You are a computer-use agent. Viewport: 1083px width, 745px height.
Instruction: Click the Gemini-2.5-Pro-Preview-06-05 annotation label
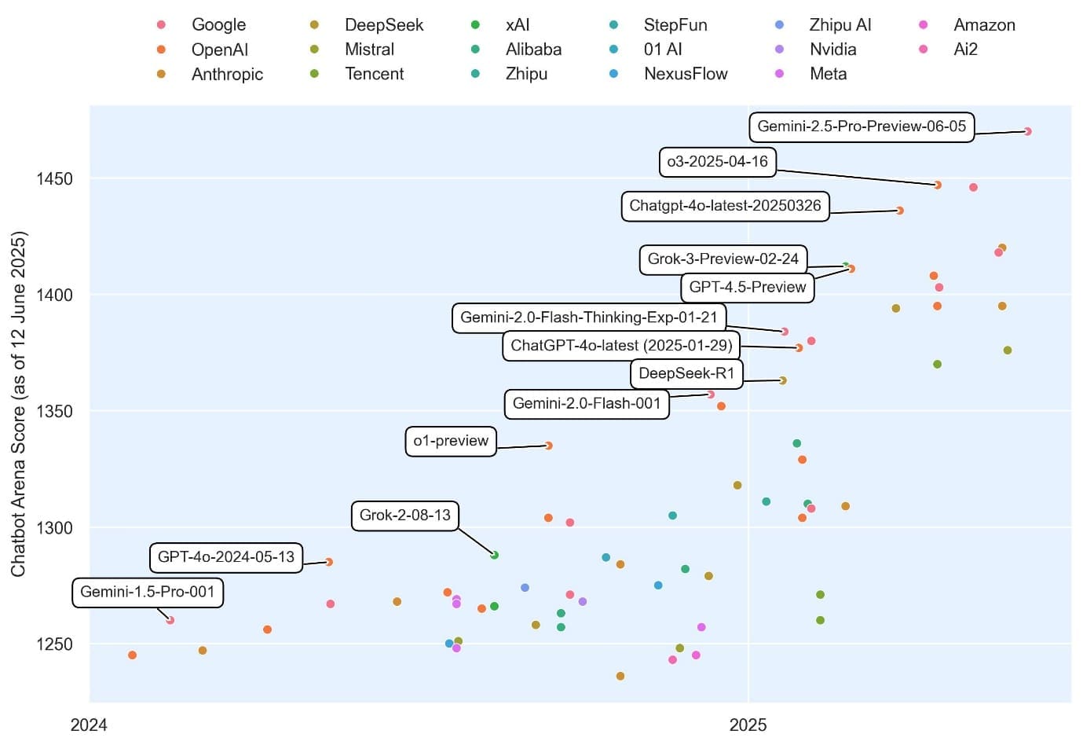click(862, 127)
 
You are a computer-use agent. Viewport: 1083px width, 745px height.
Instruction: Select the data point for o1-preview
click(549, 446)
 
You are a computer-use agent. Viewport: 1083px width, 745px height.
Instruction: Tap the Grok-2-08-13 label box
click(404, 516)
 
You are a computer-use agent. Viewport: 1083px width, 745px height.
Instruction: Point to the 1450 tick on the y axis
click(54, 179)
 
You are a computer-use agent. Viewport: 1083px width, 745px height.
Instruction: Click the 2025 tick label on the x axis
click(748, 725)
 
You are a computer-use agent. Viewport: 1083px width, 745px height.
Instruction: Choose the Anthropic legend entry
click(226, 74)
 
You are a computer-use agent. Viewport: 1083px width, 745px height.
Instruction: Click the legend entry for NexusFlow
click(685, 74)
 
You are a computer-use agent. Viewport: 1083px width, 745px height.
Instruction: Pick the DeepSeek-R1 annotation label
click(686, 373)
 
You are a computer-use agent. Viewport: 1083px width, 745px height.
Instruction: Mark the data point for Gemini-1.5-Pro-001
click(170, 620)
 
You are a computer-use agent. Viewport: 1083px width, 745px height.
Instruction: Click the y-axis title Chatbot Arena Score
click(19, 403)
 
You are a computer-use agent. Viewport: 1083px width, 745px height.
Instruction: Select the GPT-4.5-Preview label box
click(747, 287)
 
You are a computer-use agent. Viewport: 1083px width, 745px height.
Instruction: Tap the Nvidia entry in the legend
click(832, 50)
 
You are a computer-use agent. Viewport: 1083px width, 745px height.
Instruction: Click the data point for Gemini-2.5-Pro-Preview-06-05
click(1027, 131)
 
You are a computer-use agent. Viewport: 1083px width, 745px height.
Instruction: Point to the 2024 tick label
click(89, 725)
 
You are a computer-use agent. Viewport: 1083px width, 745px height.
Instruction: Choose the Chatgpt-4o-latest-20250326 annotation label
click(725, 206)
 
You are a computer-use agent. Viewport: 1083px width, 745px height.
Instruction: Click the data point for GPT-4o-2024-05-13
click(329, 562)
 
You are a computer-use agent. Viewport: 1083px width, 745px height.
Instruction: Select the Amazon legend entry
click(983, 25)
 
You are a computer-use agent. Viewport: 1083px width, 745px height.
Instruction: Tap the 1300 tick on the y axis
click(54, 527)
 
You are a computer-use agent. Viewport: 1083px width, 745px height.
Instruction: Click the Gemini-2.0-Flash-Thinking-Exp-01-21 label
click(588, 317)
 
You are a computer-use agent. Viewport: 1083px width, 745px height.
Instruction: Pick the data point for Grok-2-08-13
click(495, 555)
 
